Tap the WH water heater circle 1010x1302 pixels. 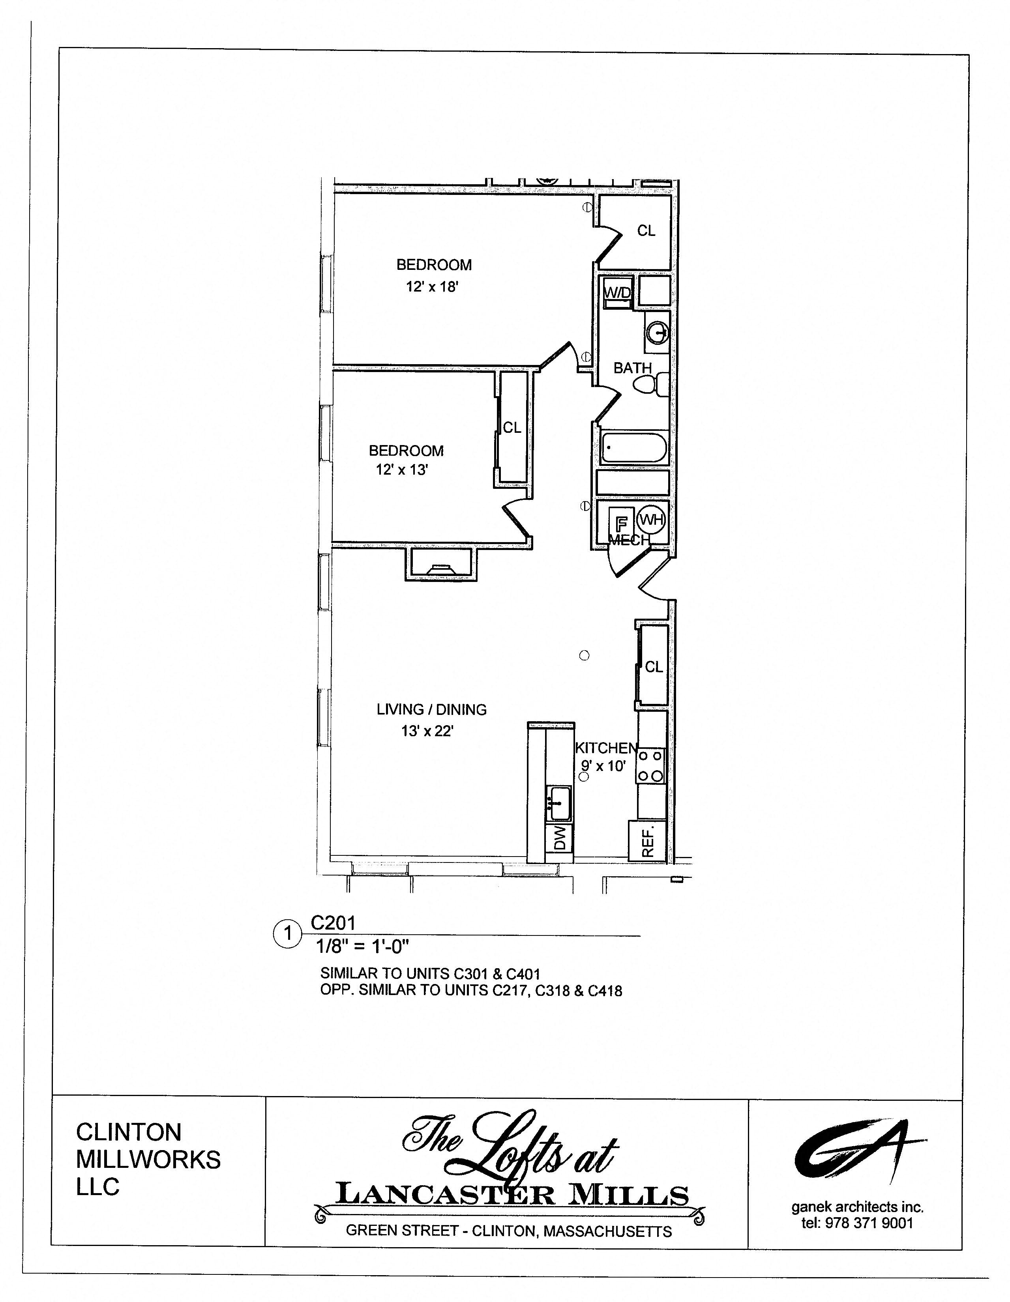[651, 519]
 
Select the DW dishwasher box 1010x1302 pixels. [559, 838]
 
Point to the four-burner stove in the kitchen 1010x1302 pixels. [650, 766]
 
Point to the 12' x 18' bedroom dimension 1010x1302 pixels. [432, 287]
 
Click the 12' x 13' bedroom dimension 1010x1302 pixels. [402, 470]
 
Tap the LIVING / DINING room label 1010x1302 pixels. [431, 709]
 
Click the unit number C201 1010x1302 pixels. [333, 923]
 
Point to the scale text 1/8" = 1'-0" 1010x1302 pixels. [362, 946]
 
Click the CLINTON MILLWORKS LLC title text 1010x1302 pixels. [148, 1160]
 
